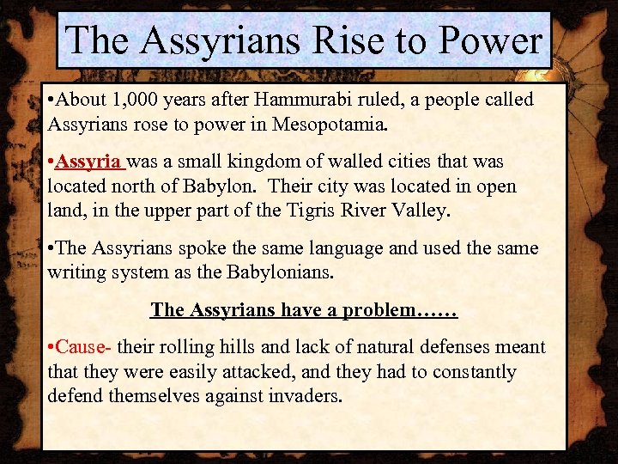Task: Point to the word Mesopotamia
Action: click(x=329, y=125)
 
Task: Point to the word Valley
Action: click(x=420, y=211)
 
